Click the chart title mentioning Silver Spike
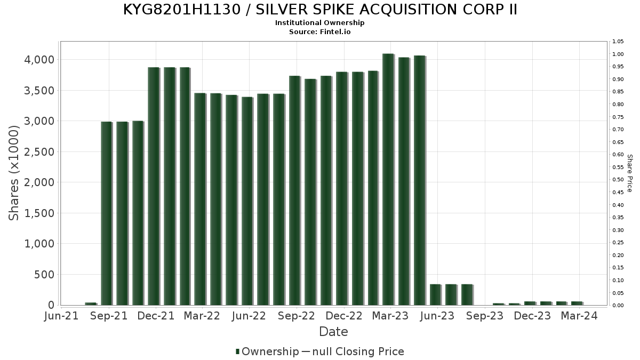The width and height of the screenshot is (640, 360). click(320, 10)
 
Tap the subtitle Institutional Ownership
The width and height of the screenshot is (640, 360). click(320, 23)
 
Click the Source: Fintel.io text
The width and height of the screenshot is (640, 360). click(320, 31)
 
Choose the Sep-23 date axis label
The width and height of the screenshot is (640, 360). click(485, 316)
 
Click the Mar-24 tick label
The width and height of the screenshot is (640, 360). click(578, 316)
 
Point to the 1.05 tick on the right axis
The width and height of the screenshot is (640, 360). click(619, 42)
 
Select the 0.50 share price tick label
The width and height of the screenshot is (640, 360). click(619, 180)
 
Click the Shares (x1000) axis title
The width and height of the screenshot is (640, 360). click(14, 173)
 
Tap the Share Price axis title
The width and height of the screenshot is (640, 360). click(629, 173)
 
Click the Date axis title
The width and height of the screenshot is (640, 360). click(333, 332)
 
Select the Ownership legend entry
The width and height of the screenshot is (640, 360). click(267, 351)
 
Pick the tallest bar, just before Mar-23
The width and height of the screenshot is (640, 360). click(388, 179)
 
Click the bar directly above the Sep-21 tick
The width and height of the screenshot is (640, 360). click(106, 213)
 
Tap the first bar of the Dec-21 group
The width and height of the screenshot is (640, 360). click(153, 186)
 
